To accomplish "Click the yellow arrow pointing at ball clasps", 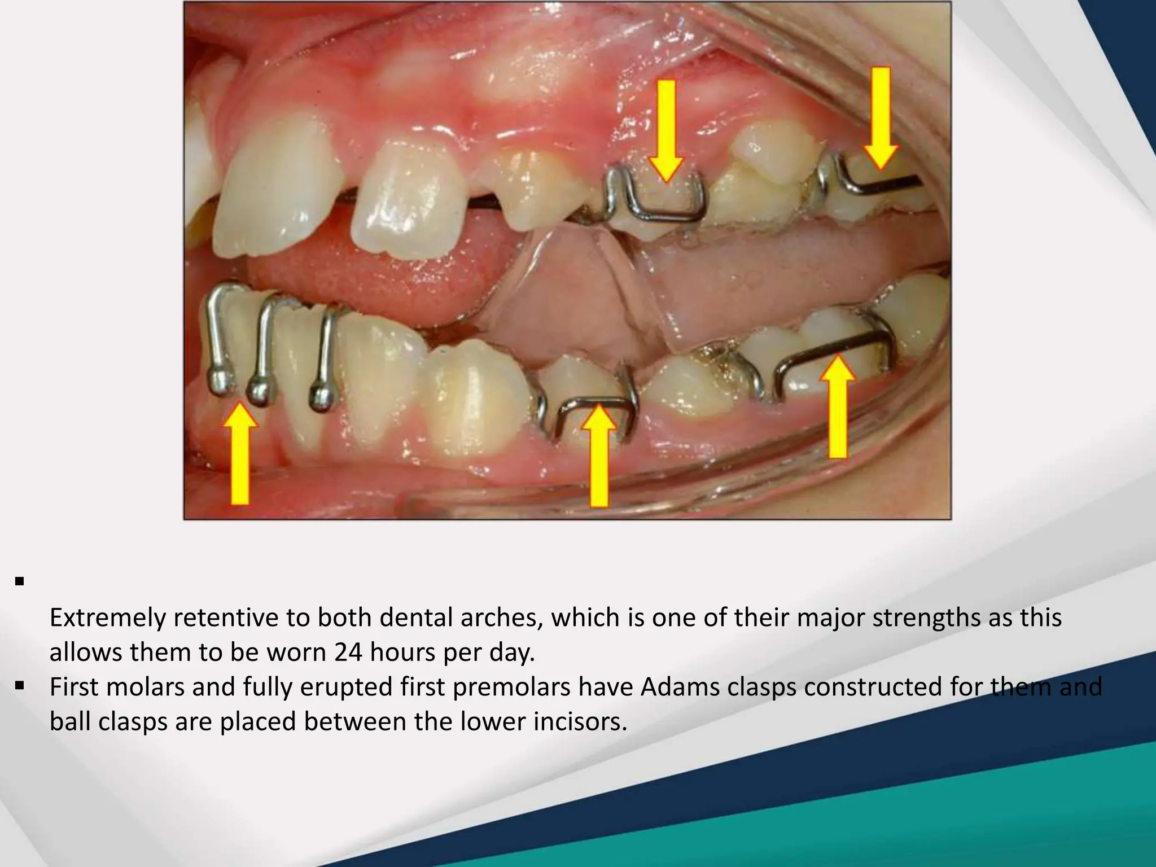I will pyautogui.click(x=240, y=452).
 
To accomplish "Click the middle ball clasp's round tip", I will pyautogui.click(x=260, y=389).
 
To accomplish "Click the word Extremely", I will pyautogui.click(x=107, y=618).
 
